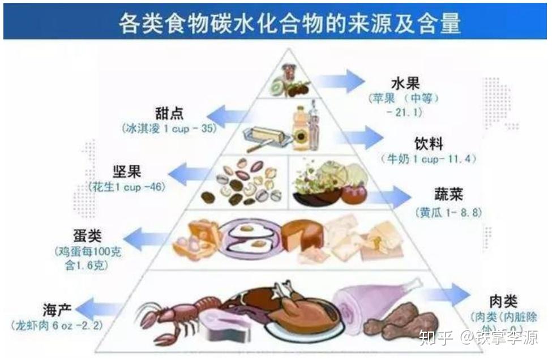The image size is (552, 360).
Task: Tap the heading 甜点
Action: (x=169, y=113)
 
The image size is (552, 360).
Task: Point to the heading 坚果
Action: (x=127, y=170)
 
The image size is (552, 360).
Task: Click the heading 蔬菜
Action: (x=449, y=195)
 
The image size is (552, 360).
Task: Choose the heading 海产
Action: (x=56, y=310)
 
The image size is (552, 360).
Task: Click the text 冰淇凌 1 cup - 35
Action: (x=169, y=129)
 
